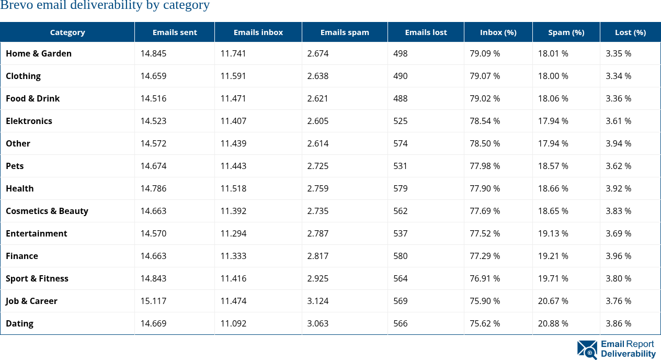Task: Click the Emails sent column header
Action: tap(175, 32)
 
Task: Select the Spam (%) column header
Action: tap(566, 32)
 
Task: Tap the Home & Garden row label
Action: tap(39, 53)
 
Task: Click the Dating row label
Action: tap(20, 323)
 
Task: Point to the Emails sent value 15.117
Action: tap(153, 301)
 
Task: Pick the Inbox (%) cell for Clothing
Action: tap(485, 76)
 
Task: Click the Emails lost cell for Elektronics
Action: tap(401, 121)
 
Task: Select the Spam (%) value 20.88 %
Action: tap(553, 323)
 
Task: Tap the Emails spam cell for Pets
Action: tap(318, 166)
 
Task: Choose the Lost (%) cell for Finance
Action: tap(618, 256)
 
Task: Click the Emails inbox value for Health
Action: tap(233, 188)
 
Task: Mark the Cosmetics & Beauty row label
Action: tap(47, 211)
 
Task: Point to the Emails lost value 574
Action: tap(401, 143)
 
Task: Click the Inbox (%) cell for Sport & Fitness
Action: tap(485, 278)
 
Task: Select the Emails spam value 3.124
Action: tap(318, 301)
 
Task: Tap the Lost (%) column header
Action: tap(630, 32)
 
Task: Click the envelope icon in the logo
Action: tap(587, 350)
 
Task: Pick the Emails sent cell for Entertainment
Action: tap(153, 233)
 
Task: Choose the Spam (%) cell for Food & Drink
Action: tap(553, 98)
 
